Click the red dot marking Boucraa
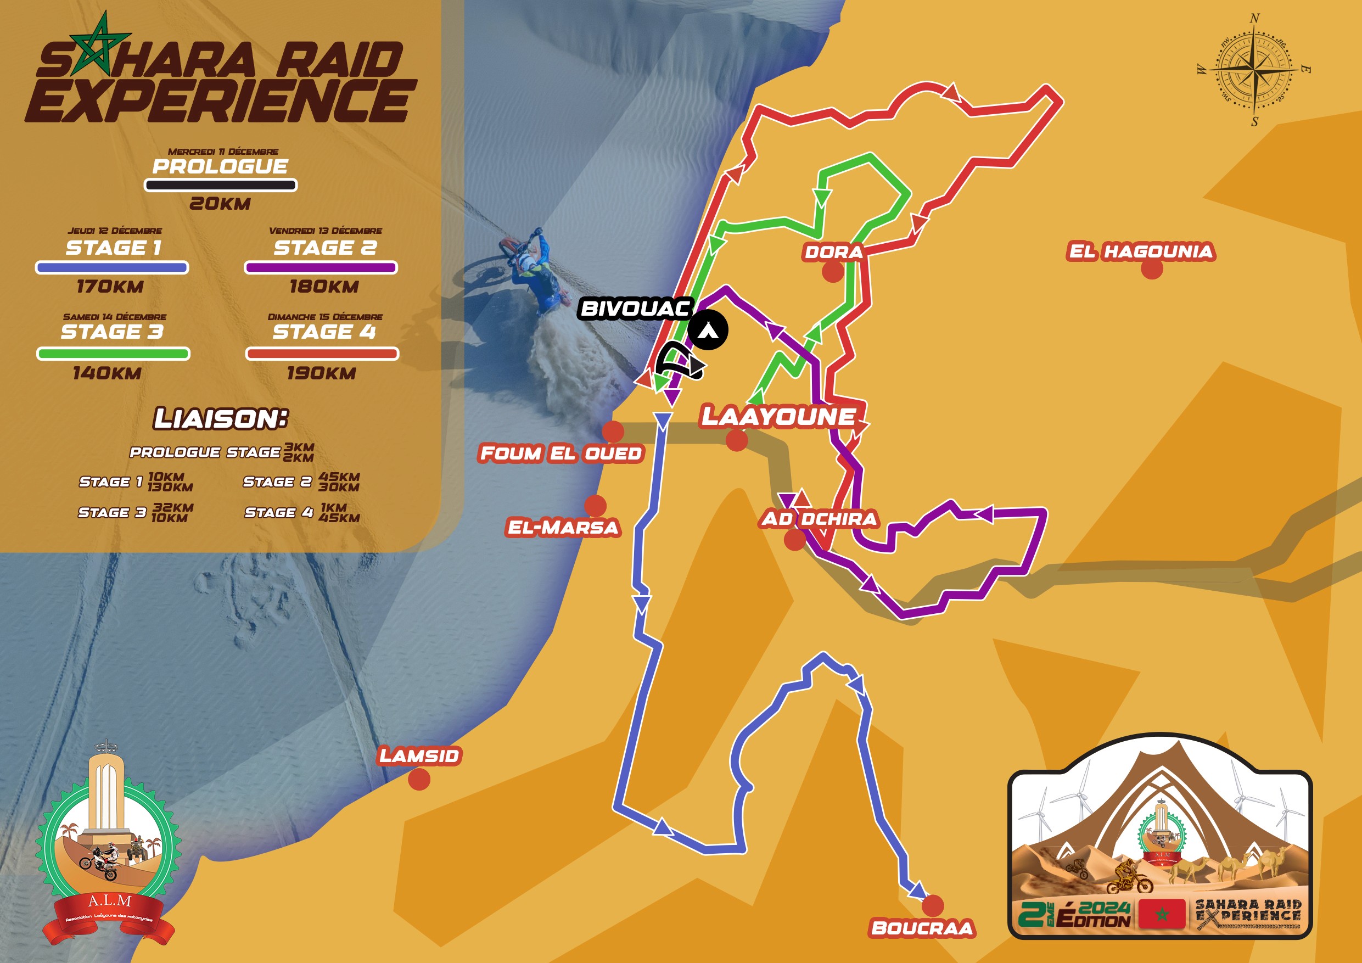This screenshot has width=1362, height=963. coord(933,905)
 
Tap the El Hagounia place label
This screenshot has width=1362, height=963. coord(1141,251)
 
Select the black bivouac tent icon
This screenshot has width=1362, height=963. coord(708,330)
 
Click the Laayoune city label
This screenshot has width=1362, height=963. coord(778,417)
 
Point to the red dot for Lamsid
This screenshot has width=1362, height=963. coord(419,779)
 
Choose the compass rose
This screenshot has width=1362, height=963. coord(1254,70)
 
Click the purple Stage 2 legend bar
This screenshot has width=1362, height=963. coord(321,267)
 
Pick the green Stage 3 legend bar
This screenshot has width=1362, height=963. coord(113,354)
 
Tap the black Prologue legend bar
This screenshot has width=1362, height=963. coord(221,185)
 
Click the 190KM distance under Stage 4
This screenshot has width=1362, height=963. coord(322,373)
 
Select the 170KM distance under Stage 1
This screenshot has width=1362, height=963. coord(110,287)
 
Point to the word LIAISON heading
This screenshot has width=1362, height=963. coord(221,419)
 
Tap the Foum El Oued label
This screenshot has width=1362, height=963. coord(561,453)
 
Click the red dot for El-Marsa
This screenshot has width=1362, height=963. coord(595,506)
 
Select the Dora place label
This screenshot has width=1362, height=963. coord(833,251)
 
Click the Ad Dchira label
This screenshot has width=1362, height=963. coord(819,519)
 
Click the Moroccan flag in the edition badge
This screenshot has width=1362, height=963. coord(1162,914)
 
